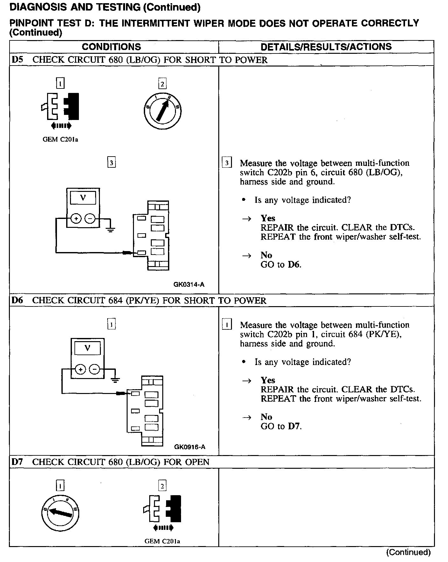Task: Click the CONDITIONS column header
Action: click(111, 47)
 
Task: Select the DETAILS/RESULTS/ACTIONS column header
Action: click(326, 47)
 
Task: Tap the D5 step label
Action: click(17, 60)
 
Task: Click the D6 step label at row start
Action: click(17, 300)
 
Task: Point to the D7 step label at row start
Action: click(17, 462)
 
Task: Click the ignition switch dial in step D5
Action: click(162, 111)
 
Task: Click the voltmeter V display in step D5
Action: click(83, 198)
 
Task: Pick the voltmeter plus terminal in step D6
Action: click(80, 369)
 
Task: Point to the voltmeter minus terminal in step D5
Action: click(90, 219)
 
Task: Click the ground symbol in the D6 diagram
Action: click(115, 379)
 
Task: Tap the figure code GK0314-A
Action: click(189, 285)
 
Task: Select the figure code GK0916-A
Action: click(190, 447)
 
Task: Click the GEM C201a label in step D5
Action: click(60, 139)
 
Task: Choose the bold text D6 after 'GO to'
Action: click(294, 264)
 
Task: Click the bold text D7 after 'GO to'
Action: click(294, 426)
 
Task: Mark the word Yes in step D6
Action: click(268, 380)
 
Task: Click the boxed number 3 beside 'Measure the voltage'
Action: click(227, 163)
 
